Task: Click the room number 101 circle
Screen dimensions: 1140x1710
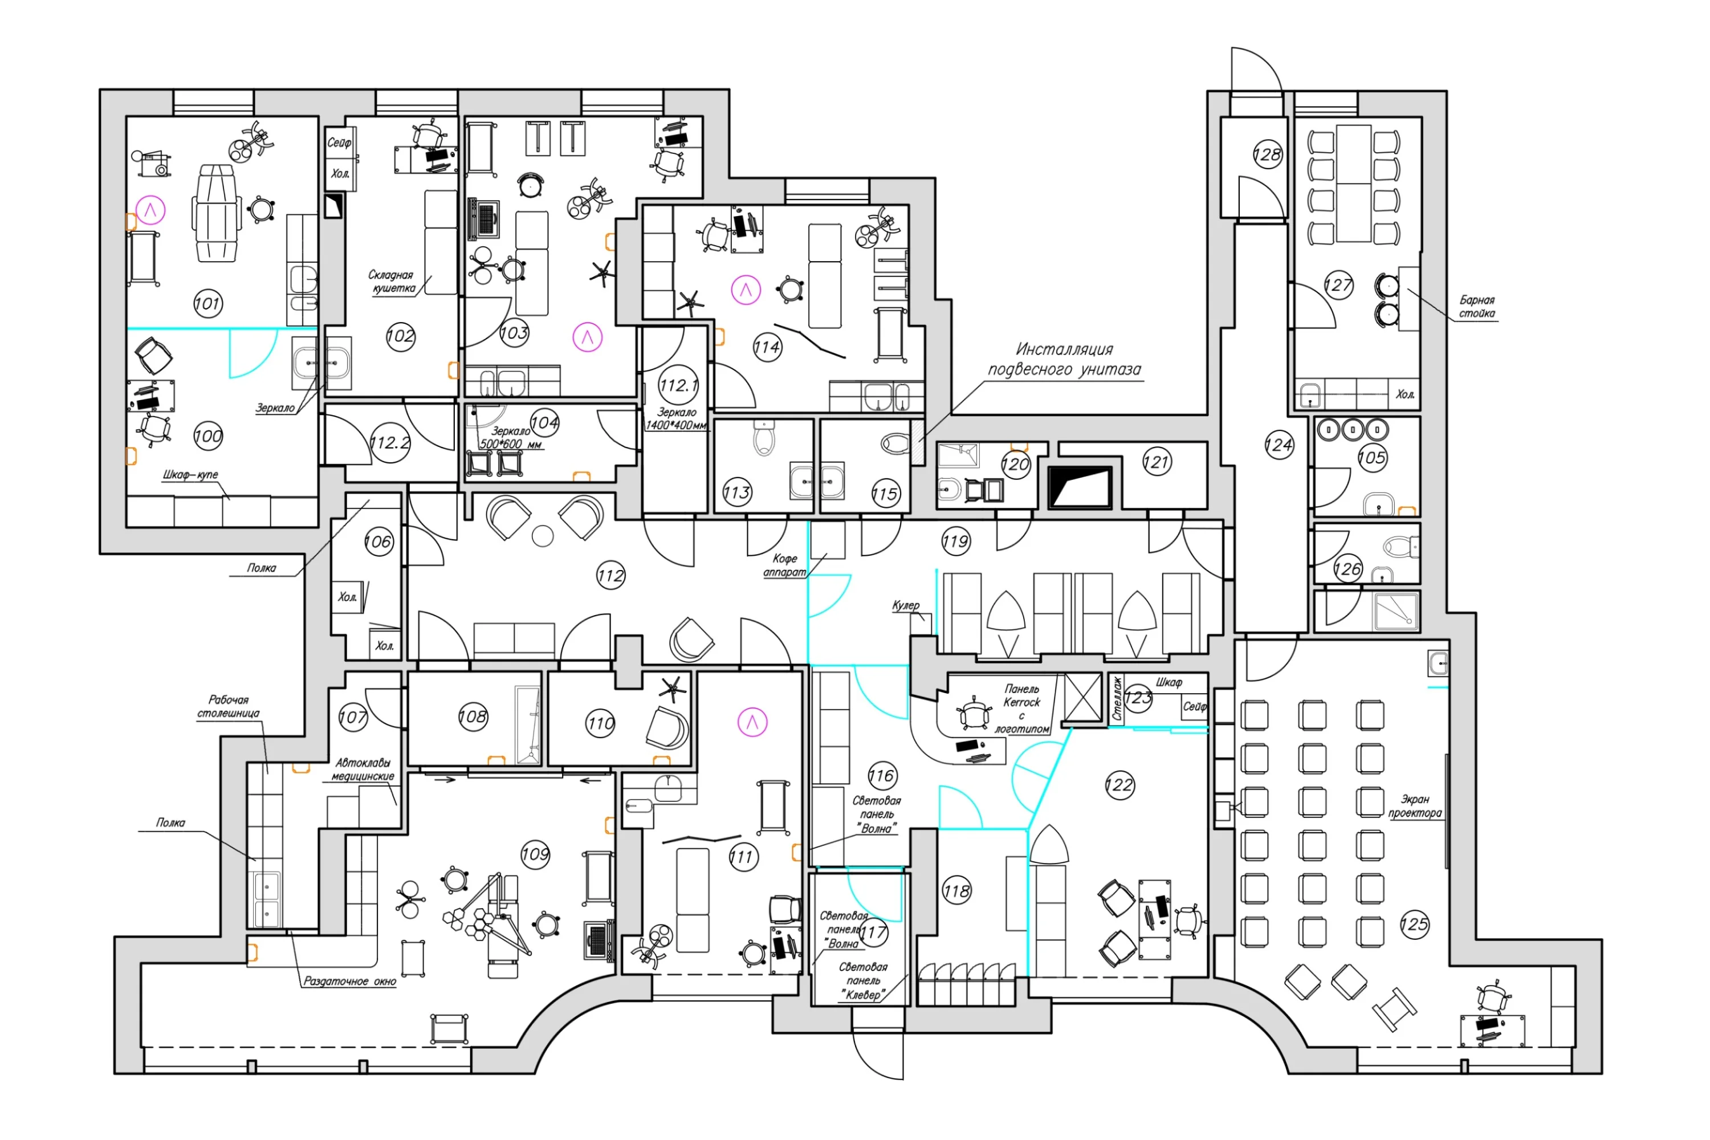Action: click(208, 303)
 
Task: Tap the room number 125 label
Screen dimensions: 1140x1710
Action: click(1414, 925)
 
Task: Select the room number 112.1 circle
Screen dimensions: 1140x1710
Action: click(678, 385)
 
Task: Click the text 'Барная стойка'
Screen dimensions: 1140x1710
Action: click(1477, 307)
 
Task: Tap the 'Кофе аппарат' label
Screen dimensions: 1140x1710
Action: click(784, 565)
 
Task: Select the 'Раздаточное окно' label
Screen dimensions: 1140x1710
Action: click(350, 982)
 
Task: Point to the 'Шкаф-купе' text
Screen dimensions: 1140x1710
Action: click(190, 475)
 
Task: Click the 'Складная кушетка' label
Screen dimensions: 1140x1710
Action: click(391, 282)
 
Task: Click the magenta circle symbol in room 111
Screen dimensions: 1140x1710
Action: click(752, 722)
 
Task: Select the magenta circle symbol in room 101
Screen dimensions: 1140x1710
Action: click(151, 211)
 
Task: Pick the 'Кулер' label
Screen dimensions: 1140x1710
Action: click(905, 605)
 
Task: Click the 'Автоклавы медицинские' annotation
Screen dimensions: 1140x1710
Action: click(363, 769)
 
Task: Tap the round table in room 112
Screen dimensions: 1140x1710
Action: click(543, 536)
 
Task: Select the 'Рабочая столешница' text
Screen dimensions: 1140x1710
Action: click(229, 706)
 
